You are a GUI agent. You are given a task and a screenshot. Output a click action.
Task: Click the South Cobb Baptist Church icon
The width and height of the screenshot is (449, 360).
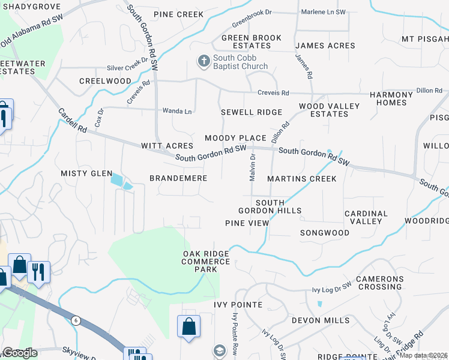click(203, 61)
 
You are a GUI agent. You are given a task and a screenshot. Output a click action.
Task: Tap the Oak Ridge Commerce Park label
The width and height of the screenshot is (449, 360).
click(206, 262)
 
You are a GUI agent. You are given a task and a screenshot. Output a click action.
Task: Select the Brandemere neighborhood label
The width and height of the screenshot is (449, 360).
click(178, 178)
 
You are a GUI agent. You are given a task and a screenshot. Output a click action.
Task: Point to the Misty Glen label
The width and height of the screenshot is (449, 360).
click(86, 173)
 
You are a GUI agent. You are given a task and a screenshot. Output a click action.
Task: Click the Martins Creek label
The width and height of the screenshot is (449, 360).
click(302, 179)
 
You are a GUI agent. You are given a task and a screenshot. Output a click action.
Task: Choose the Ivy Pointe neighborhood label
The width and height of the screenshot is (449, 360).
click(238, 305)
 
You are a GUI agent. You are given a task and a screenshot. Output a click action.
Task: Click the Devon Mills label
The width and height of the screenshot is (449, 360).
click(321, 320)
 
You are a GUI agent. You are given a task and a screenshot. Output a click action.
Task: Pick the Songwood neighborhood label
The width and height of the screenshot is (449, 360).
click(325, 232)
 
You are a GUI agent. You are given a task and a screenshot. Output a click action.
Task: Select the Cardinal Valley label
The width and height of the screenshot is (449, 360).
click(366, 217)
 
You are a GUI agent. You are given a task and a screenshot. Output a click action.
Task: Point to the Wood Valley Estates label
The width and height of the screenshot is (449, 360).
click(329, 110)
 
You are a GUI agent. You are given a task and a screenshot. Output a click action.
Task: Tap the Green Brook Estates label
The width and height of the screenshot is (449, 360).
click(252, 41)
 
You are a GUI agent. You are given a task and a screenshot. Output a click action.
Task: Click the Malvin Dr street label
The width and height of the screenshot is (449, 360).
click(253, 165)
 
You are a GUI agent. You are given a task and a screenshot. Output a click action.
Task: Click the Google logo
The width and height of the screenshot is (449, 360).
click(20, 353)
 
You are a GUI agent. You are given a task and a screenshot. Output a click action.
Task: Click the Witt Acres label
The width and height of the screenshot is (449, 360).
click(167, 146)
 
